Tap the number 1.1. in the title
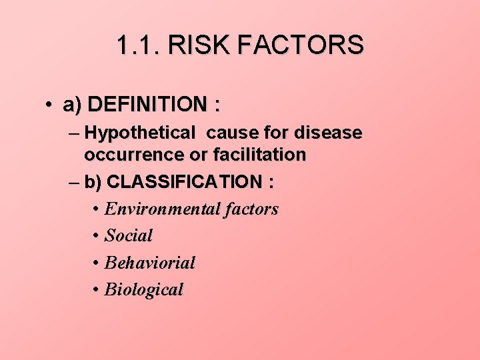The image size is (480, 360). [139, 45]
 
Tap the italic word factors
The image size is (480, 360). [251, 209]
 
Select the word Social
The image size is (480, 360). [129, 235]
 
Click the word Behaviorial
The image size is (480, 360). [150, 263]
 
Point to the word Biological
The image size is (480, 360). [143, 290]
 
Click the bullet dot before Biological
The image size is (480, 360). [97, 290]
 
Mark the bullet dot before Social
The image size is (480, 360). [97, 235]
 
